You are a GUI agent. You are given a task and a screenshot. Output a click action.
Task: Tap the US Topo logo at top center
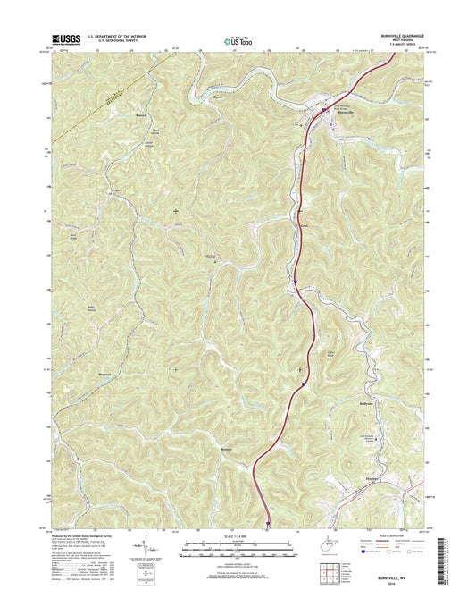(238, 39)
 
